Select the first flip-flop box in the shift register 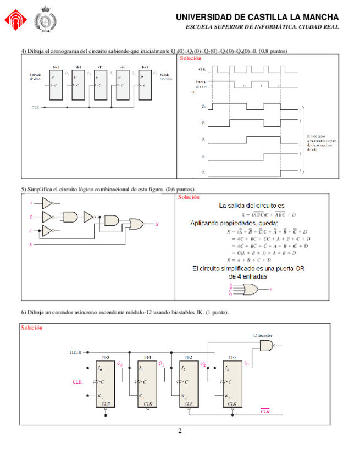56,84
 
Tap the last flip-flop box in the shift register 145,84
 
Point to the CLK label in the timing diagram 202,70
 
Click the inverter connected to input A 48,202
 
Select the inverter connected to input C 48,230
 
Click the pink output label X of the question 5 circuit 158,224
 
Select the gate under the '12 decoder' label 266,345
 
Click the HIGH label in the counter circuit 75,352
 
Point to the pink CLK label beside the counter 77,381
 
